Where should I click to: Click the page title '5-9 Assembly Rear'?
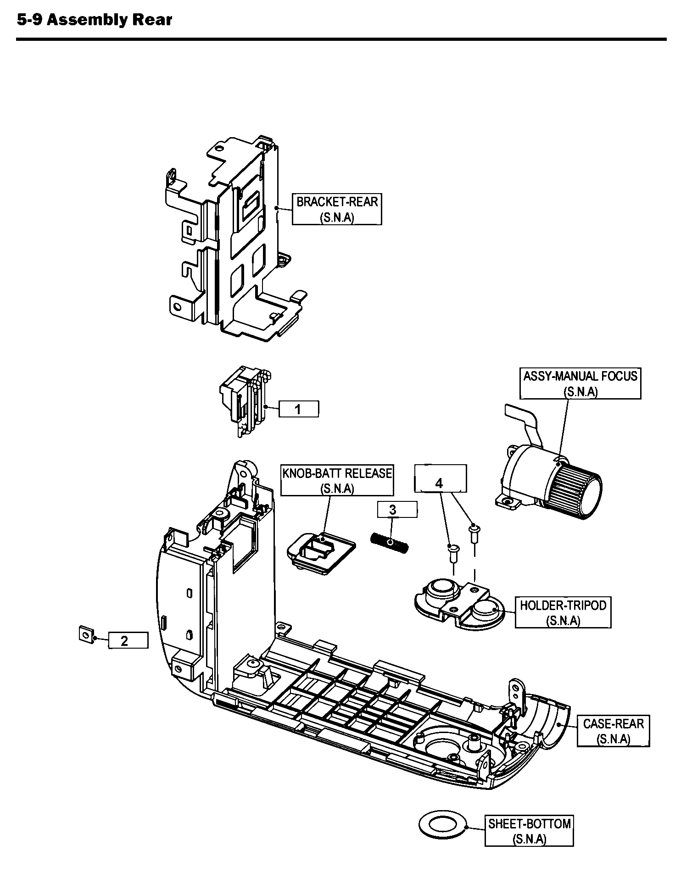tap(94, 20)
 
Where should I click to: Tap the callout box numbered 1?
tap(298, 409)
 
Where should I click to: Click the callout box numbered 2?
tap(128, 640)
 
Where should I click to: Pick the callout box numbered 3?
tap(397, 510)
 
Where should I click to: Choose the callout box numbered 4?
tap(440, 479)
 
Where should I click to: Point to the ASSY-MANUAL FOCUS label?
tap(580, 383)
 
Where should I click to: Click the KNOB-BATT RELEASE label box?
tap(337, 480)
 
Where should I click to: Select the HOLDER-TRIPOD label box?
tap(563, 612)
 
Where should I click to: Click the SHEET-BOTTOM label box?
tap(529, 831)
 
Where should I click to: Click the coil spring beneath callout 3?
tap(390, 542)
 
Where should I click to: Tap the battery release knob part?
tap(321, 554)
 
